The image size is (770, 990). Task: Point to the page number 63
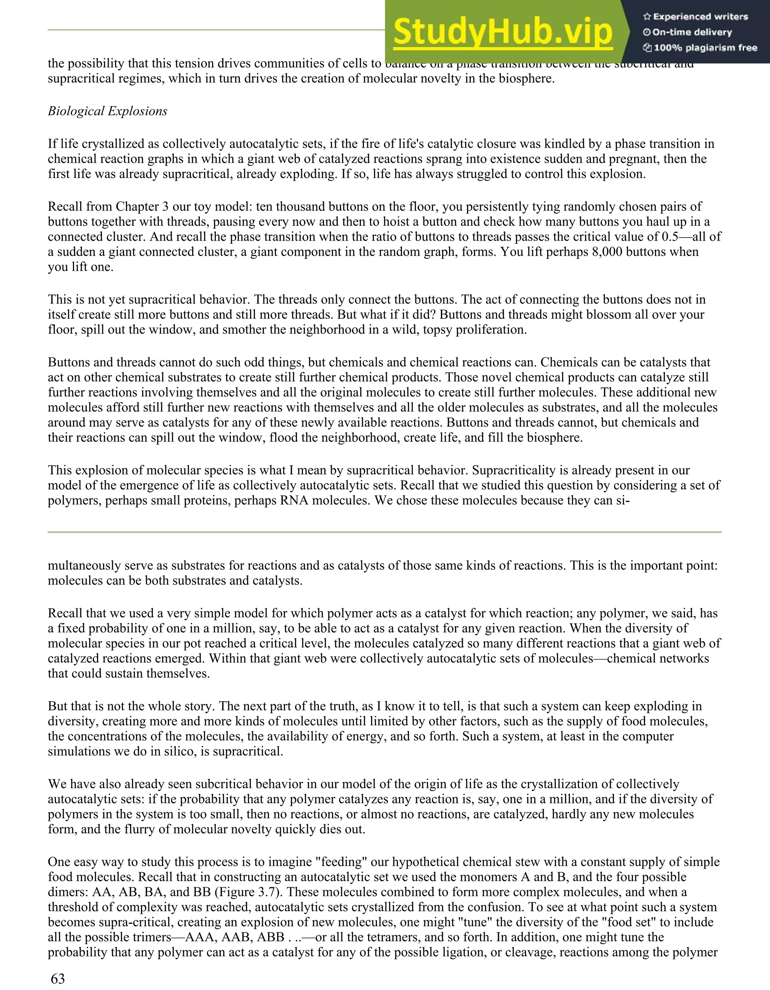[58, 979]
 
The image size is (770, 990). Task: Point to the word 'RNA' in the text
[297, 500]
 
